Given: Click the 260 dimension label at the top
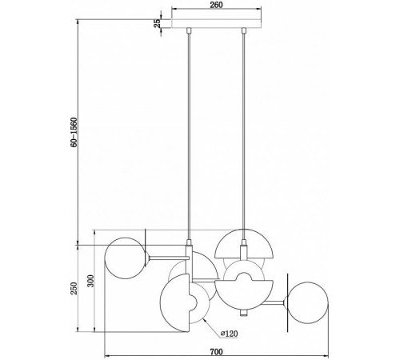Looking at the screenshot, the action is point(216,5).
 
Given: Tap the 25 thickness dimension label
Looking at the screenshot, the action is point(158,23).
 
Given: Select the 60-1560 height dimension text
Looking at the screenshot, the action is point(74,132).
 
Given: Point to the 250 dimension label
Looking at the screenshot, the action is point(74,288).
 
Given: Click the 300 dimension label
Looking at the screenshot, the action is point(90,281).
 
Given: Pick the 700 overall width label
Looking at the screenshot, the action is point(216,352).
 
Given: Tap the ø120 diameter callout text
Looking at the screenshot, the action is point(229,334).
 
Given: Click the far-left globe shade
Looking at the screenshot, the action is point(126,258).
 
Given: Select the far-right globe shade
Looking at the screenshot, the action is point(307,302).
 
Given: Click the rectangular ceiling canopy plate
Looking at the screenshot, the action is point(216,23).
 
